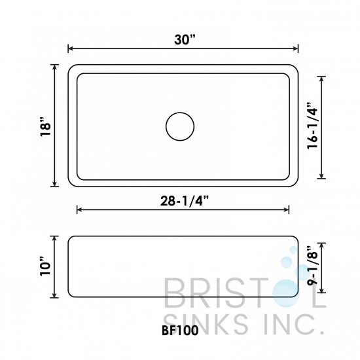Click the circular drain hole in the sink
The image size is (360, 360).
coord(180,126)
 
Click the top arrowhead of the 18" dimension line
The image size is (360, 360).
coord(54,67)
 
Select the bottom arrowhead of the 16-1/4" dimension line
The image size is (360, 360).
coord(321,176)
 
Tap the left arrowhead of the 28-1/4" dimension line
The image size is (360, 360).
coord(80,210)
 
